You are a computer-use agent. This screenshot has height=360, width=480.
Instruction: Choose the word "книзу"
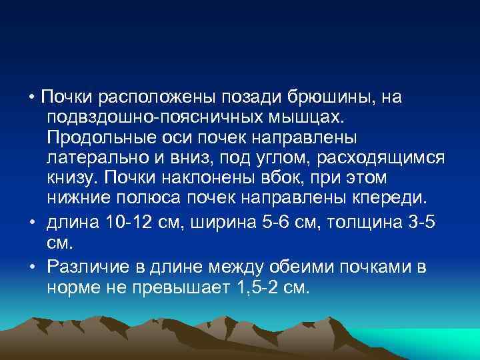(71, 179)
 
